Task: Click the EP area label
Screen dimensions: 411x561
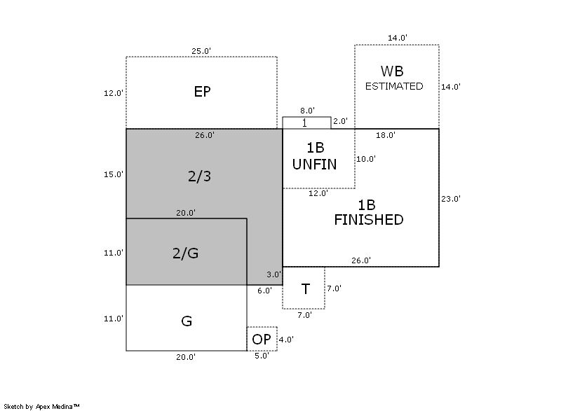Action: [x=203, y=92]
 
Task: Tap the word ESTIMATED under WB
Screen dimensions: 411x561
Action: [x=395, y=86]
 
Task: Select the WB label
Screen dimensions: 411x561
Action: [x=392, y=71]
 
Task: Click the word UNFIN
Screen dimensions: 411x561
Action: [x=313, y=165]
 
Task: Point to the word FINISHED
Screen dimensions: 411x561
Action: [x=368, y=220]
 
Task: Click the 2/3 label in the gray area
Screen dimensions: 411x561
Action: [x=199, y=176]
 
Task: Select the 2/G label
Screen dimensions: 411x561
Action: [x=185, y=253]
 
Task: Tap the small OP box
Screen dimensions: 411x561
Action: [x=262, y=339]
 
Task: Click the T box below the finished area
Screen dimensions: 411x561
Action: [x=305, y=288]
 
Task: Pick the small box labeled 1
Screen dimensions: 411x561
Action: [x=306, y=123]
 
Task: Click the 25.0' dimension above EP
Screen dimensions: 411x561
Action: [x=201, y=50]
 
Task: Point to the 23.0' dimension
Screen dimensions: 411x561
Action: [x=451, y=199]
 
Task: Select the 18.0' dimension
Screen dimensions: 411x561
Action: [x=386, y=135]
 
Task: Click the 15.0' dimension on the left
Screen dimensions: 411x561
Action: [x=114, y=174]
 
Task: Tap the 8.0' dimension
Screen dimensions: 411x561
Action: [x=306, y=111]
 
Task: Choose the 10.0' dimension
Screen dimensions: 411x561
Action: [x=366, y=159]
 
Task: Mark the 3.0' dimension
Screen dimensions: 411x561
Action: [x=273, y=274]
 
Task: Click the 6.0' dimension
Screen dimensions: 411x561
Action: [x=264, y=291]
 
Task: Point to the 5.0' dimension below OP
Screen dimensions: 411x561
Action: [x=261, y=356]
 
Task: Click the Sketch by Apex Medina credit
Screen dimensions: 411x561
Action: [x=41, y=405]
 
